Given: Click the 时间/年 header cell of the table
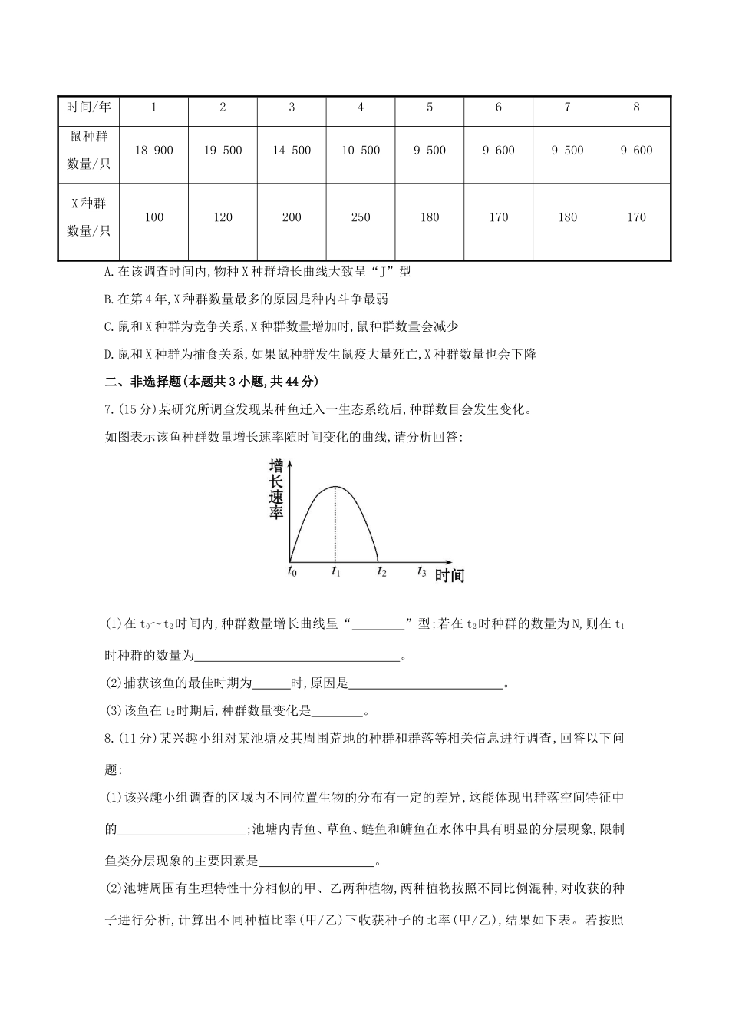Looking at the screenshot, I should [x=89, y=107].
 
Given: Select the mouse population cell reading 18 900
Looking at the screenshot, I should [x=153, y=150].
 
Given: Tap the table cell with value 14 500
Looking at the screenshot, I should [x=292, y=150].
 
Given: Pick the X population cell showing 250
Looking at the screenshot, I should [x=361, y=217].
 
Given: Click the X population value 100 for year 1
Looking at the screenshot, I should [x=153, y=217].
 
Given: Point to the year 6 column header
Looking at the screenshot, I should [x=499, y=107].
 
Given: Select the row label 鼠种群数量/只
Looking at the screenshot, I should [x=89, y=150].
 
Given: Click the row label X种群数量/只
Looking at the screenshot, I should [x=89, y=217].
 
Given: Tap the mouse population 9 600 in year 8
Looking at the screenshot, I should [x=636, y=150].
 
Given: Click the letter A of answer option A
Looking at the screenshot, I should [x=107, y=272].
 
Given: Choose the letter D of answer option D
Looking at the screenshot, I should [x=107, y=355].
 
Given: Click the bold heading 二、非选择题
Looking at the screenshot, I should [x=138, y=382].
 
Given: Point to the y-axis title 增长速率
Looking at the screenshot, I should [x=276, y=489].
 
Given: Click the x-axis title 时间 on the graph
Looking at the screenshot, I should [x=450, y=575].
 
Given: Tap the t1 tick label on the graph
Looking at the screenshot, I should [x=336, y=571].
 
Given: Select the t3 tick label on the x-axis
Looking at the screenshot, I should [x=421, y=571].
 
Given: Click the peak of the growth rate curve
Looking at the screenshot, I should [x=335, y=487].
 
